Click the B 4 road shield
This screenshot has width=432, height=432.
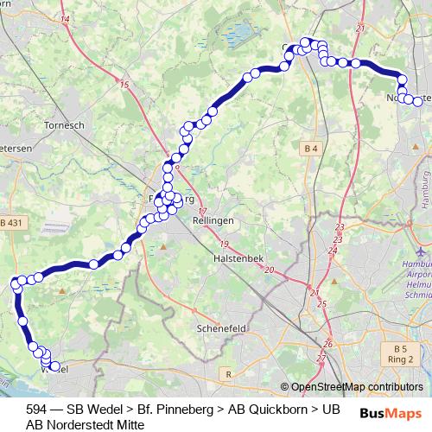[311, 149]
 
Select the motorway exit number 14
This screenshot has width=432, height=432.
[66, 18]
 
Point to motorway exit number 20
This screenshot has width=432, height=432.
[269, 270]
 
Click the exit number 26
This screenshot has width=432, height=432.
[327, 344]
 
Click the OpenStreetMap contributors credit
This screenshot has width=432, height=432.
[356, 387]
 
